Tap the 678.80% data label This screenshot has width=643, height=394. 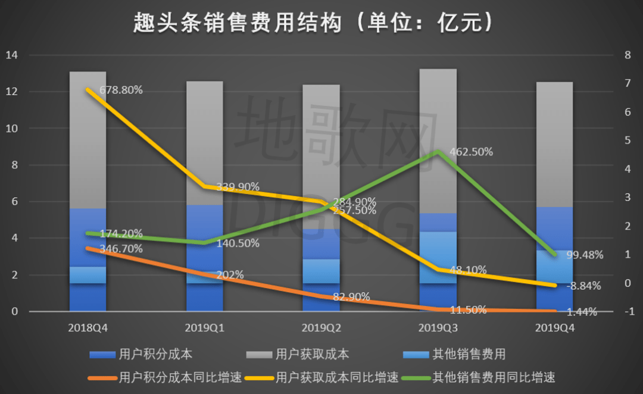tap(123, 90)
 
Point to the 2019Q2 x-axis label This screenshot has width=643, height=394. tap(321, 327)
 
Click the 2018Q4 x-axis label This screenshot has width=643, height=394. tap(88, 327)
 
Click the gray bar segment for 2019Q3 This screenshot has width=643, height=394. tap(438, 140)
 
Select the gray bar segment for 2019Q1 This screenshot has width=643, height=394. tap(204, 143)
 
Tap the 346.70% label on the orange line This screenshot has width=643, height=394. tap(123, 249)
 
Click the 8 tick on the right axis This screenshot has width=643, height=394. tap(627, 55)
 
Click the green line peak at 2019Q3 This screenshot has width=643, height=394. tap(438, 151)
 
